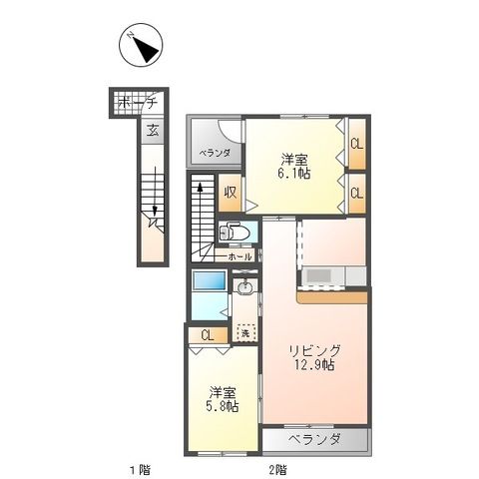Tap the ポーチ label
(138, 103)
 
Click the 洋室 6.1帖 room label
(294, 165)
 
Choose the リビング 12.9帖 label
(316, 357)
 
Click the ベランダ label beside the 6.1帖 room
(214, 153)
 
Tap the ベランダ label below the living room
(315, 440)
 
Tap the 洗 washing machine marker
(245, 332)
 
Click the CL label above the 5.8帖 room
(207, 335)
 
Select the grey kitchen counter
(321, 276)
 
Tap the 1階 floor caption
(139, 468)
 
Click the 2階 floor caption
(276, 468)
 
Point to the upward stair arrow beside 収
(199, 189)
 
